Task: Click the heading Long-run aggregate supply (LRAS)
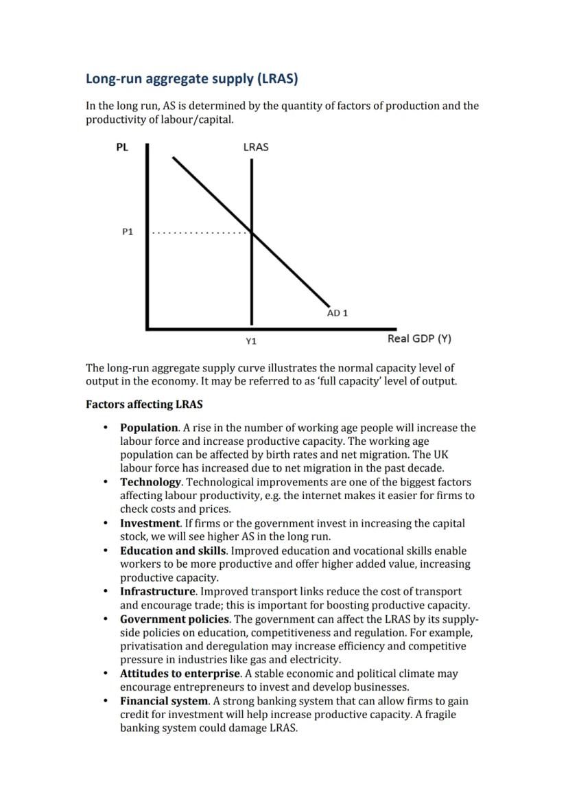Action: [191, 79]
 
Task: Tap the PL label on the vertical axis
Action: [121, 147]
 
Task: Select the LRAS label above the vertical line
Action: [255, 147]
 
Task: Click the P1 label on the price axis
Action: [128, 232]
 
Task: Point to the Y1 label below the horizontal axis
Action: [251, 341]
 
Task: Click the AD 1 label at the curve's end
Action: [338, 313]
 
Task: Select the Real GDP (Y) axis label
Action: [419, 338]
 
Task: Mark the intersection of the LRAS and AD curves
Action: [252, 233]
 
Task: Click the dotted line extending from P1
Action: [199, 233]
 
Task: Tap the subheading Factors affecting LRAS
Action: [144, 404]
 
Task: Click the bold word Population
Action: [150, 428]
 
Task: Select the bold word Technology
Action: [151, 482]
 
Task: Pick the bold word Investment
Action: [150, 523]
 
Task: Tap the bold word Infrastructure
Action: [157, 591]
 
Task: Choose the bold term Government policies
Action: [174, 619]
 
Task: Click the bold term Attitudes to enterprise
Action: [180, 674]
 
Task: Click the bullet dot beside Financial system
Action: [106, 701]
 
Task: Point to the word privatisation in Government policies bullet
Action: [152, 646]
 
